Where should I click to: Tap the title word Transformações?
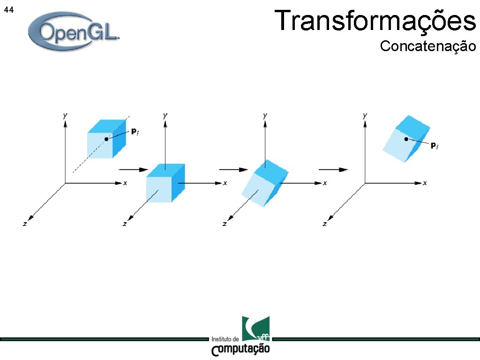coord(375,21)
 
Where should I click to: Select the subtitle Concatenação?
coord(427,46)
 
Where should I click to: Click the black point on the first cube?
coord(106,139)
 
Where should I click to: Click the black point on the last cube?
coord(406,139)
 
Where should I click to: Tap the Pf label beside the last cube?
coord(435,146)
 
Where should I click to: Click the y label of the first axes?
coord(65,115)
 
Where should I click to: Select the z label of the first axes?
coord(25,224)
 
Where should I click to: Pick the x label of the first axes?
coord(125,183)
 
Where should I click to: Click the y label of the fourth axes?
coord(365,115)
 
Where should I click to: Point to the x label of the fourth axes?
coord(425,183)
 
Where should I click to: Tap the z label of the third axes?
coord(225,224)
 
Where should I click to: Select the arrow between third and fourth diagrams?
coord(333,169)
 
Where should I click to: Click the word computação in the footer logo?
coord(241,349)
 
